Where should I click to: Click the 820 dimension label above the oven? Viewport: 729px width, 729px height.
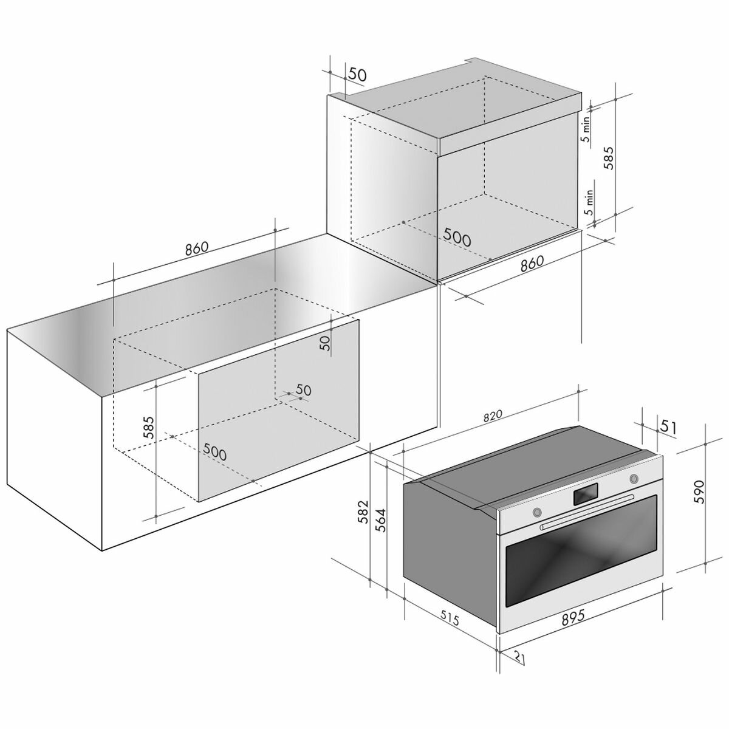492,415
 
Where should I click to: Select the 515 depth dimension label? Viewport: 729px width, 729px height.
449,619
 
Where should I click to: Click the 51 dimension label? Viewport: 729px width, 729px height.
668,427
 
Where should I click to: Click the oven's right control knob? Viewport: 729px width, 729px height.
634,478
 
